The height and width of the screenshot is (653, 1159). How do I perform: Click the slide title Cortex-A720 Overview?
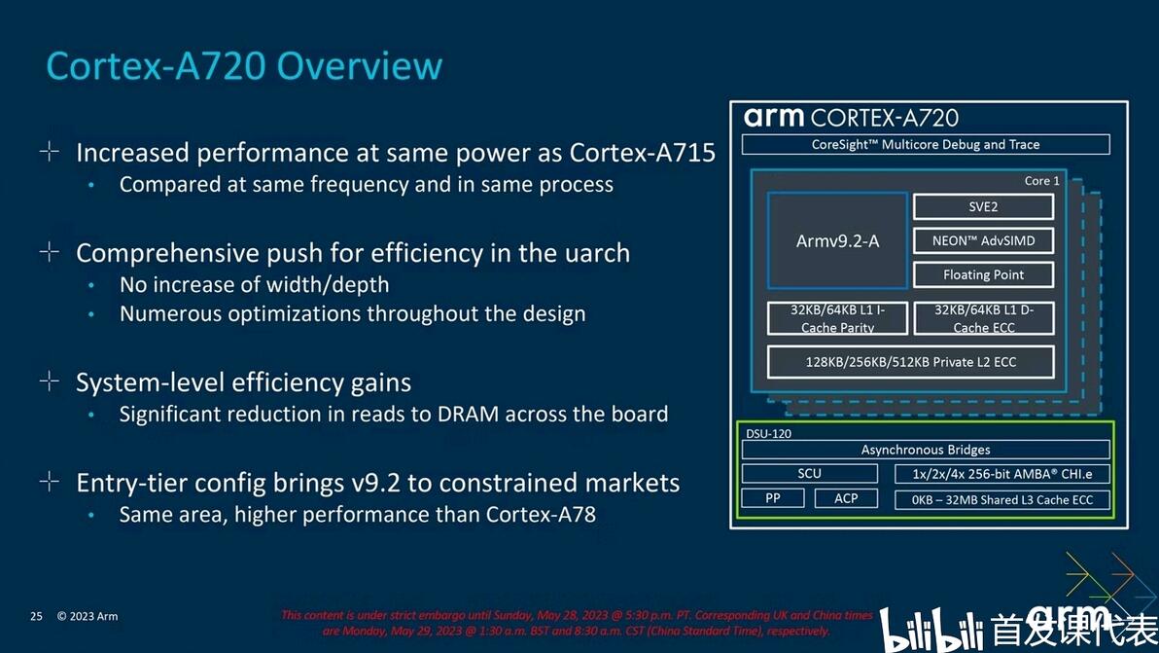pos(244,66)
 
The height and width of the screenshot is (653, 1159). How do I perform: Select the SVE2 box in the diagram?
pos(983,206)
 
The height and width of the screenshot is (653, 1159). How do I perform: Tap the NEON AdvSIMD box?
pos(983,240)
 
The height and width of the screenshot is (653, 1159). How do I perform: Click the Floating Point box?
pos(983,274)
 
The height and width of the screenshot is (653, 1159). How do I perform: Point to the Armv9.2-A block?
pos(837,240)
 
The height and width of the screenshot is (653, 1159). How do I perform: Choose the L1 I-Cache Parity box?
pos(837,318)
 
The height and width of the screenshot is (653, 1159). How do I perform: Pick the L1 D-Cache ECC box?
pos(983,318)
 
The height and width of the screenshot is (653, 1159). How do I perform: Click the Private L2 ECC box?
pos(910,362)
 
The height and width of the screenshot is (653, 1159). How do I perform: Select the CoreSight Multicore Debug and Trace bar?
pos(925,144)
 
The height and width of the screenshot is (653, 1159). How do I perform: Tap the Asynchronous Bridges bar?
pos(925,450)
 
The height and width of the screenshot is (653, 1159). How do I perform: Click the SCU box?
pos(809,474)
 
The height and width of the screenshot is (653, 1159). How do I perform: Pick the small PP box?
pos(773,498)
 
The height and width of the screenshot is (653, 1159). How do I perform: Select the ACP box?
pos(846,498)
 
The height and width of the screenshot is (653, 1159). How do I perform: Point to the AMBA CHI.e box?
pos(1001,474)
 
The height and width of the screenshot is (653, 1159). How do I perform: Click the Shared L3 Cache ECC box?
pos(1001,499)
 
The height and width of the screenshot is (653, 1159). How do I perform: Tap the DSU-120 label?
pos(767,433)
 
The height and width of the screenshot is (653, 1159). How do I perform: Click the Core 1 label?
pos(1041,181)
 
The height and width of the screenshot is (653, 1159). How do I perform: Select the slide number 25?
pos(36,616)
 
